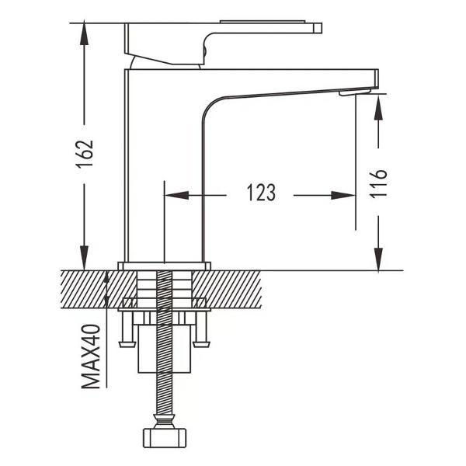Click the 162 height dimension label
point(85,154)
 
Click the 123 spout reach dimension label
point(262,193)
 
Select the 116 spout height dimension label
point(378,183)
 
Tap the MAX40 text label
point(91,356)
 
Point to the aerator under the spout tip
point(355,92)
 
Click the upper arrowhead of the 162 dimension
point(85,33)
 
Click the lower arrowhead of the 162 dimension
point(85,258)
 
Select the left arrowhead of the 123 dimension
point(176,195)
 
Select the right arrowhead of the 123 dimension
point(343,195)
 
